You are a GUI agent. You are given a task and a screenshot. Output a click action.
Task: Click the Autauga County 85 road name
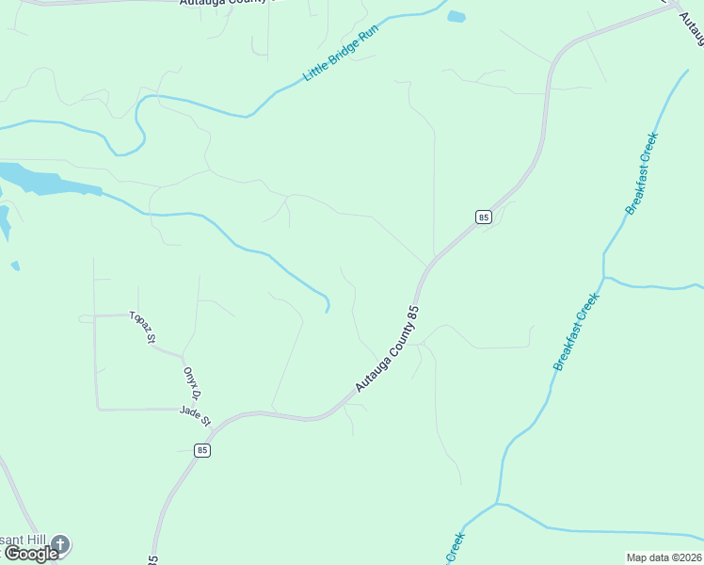(x=386, y=349)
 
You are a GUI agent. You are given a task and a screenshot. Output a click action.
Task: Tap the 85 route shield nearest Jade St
(x=201, y=451)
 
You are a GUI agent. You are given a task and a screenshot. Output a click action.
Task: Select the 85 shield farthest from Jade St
(x=483, y=217)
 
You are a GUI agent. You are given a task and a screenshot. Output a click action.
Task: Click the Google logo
(x=31, y=554)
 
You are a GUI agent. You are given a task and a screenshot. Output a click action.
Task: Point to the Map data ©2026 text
(x=664, y=557)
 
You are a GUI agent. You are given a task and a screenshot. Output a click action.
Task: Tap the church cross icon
(x=60, y=543)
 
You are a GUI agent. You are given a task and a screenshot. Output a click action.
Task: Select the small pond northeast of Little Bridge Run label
(x=456, y=16)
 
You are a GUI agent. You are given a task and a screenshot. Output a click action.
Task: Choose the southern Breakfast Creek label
(x=576, y=331)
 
